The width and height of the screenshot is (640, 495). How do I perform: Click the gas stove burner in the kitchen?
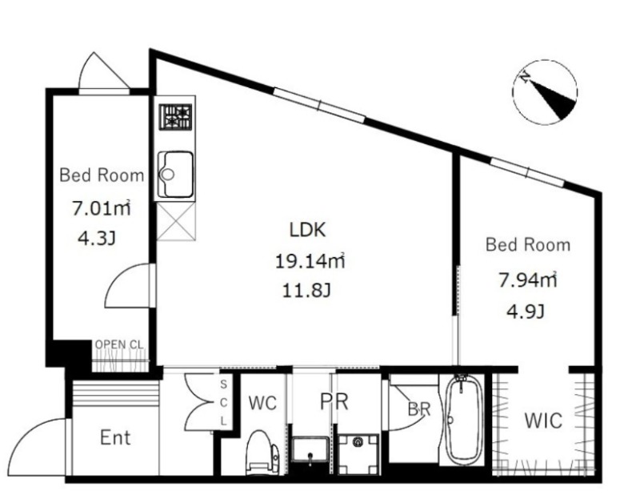pos(175,117)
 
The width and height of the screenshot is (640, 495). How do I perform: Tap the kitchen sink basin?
pos(175,175)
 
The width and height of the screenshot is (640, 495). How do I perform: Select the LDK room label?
pos(307,230)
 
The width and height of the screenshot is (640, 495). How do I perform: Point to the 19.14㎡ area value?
pos(310,261)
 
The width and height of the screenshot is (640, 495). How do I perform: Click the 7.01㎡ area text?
pos(102,207)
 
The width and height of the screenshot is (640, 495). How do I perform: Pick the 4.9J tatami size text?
pos(526,312)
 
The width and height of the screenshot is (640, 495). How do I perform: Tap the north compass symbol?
pos(546,91)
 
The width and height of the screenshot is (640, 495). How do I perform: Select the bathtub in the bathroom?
pos(462,420)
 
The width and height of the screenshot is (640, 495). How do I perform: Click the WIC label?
pos(543,421)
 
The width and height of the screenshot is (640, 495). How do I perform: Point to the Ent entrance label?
pos(115,437)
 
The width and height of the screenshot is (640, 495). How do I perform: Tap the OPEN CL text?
pos(119,344)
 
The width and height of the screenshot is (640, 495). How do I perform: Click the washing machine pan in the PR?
pos(358,453)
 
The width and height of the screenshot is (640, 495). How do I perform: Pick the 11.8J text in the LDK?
pos(306,291)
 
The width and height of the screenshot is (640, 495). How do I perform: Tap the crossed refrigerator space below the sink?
pos(175,221)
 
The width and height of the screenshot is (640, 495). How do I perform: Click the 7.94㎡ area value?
pos(528,280)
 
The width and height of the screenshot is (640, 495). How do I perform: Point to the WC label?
pos(263,404)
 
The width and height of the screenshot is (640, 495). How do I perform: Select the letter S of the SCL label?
pos(223,384)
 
